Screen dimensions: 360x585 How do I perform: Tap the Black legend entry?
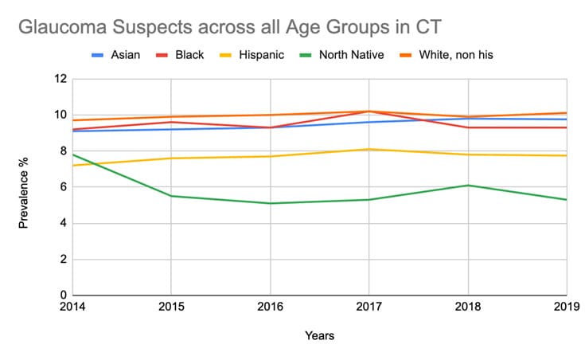189,55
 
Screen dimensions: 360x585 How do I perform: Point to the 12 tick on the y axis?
60,79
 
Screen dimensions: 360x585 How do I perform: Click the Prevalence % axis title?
25,187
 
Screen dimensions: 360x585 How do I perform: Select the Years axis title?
319,336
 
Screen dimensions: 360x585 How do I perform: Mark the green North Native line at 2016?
270,203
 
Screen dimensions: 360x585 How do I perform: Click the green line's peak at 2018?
468,186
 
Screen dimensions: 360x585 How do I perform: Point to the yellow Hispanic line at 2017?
369,150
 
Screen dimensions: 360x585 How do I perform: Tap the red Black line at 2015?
171,122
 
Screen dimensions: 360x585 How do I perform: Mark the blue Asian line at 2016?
270,127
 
